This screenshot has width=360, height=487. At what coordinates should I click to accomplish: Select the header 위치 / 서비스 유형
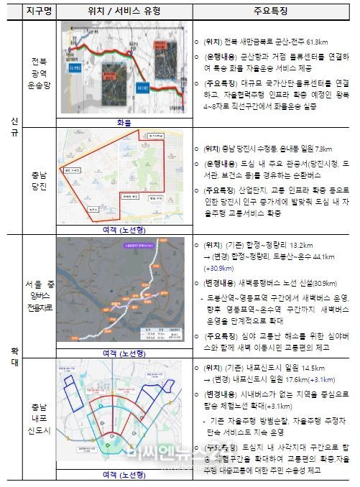tap(123, 11)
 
